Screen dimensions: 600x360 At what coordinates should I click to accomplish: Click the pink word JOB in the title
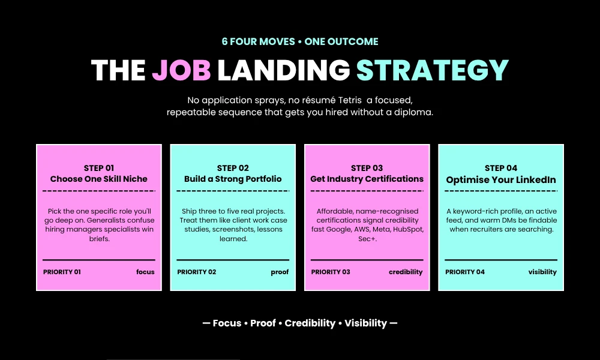(181, 70)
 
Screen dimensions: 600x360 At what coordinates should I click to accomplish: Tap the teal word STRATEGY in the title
(433, 70)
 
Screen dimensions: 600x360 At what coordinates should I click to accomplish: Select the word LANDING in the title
(284, 70)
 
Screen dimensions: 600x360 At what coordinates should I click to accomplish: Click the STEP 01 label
(99, 168)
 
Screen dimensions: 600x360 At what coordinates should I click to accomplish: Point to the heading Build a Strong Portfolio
(233, 179)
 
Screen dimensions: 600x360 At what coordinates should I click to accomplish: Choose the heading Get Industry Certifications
(367, 179)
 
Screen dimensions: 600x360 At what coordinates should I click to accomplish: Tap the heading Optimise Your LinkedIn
(501, 180)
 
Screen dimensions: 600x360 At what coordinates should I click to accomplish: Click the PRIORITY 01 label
(62, 272)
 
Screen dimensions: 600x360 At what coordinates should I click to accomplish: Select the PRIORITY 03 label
(331, 272)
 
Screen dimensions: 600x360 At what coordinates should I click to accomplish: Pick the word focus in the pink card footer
(145, 272)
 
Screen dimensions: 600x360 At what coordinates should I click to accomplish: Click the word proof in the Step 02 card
(280, 272)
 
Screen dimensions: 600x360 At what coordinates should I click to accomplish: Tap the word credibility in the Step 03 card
(406, 272)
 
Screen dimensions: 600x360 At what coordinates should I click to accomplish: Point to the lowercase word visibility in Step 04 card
(542, 272)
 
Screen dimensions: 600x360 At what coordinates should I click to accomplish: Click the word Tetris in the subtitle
(350, 100)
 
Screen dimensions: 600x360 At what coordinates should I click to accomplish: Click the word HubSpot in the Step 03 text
(408, 230)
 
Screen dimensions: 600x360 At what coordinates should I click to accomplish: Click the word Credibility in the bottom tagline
(310, 323)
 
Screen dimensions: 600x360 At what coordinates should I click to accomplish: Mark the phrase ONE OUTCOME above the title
(341, 41)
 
